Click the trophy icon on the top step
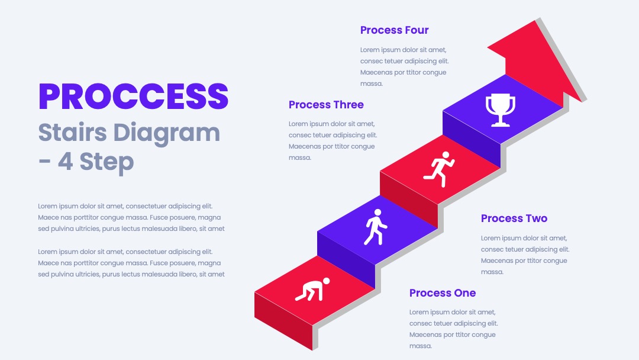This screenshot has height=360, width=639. pyautogui.click(x=501, y=110)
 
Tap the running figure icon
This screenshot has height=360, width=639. pyautogui.click(x=439, y=169)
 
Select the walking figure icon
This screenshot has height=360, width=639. pyautogui.click(x=375, y=227)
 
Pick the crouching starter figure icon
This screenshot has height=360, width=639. pyautogui.click(x=312, y=289)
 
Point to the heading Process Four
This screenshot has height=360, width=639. pyautogui.click(x=394, y=30)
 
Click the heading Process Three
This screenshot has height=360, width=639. pyautogui.click(x=326, y=105)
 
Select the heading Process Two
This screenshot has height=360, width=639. pyautogui.click(x=514, y=218)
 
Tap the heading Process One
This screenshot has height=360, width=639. pyautogui.click(x=443, y=293)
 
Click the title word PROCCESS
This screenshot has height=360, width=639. pyautogui.click(x=133, y=97)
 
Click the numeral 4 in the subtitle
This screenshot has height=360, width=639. pyautogui.click(x=65, y=162)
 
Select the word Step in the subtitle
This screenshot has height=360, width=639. pyautogui.click(x=106, y=163)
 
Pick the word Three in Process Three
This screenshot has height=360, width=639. pyautogui.click(x=346, y=105)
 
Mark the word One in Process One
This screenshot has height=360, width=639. pyautogui.click(x=462, y=293)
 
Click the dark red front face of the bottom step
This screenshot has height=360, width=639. pyautogui.click(x=283, y=321)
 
